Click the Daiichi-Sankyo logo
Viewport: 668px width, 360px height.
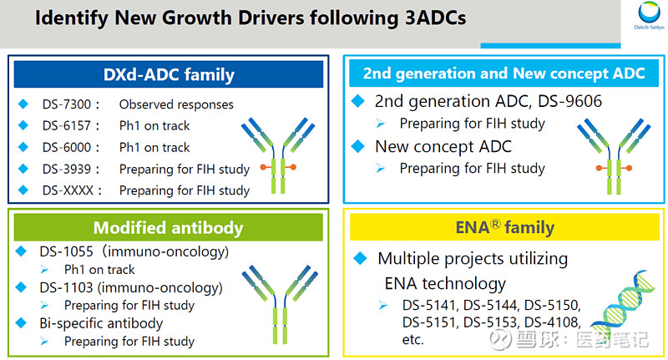[x=649, y=16]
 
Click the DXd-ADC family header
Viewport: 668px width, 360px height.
[x=169, y=74]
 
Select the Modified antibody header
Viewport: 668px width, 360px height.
[x=169, y=227]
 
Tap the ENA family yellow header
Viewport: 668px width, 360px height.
[x=504, y=227]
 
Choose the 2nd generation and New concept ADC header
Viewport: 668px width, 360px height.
[x=504, y=74]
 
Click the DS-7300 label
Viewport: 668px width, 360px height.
[x=67, y=104]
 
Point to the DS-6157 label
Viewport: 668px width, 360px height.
[x=67, y=125]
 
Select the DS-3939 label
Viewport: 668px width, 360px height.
[x=67, y=169]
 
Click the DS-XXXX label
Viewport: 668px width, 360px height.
[x=68, y=190]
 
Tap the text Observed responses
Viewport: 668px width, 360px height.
[x=176, y=104]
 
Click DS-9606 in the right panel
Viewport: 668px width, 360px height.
[x=570, y=101]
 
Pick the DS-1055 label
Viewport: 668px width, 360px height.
[x=67, y=251]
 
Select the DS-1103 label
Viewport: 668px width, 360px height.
[x=67, y=288]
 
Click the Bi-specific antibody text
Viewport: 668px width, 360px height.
[x=101, y=324]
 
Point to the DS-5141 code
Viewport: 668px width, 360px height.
[x=430, y=306]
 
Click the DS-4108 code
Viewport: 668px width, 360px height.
[x=552, y=322]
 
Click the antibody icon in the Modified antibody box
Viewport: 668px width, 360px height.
[x=280, y=304]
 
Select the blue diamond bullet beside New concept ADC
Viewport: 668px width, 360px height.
[x=358, y=146]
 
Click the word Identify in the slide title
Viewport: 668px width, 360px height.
[x=72, y=18]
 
